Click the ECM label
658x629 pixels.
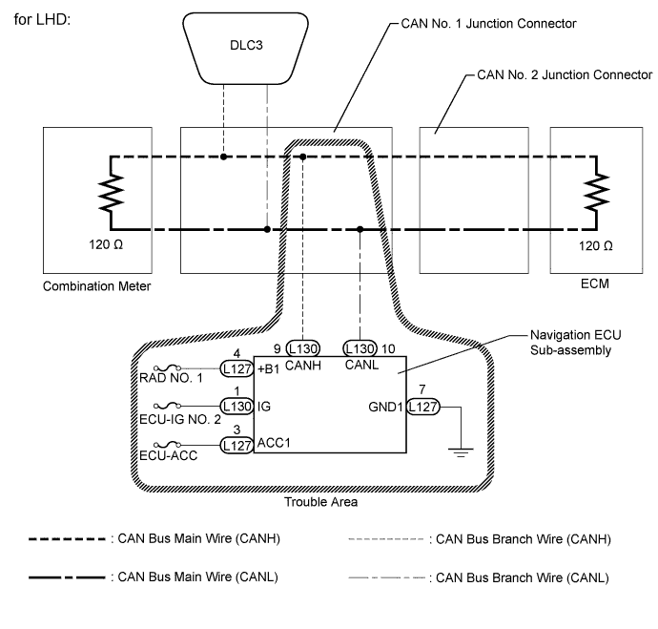coord(594,284)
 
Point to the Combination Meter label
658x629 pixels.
coord(98,284)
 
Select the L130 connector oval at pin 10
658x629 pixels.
coord(360,349)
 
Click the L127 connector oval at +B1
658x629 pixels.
coord(236,368)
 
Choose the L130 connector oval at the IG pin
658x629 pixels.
coord(236,407)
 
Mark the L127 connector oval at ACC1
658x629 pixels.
coord(236,445)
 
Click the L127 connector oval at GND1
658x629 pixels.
coord(422,408)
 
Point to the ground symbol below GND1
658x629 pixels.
coord(461,453)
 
